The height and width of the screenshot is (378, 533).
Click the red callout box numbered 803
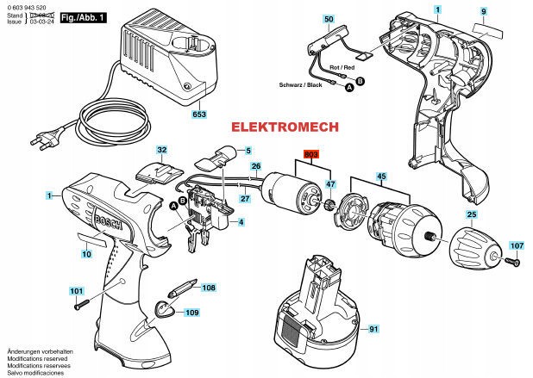310,155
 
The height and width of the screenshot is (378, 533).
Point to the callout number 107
516,245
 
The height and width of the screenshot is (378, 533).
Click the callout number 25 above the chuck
471,214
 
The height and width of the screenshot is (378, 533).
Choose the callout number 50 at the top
329,18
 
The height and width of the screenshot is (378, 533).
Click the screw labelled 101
79,304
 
